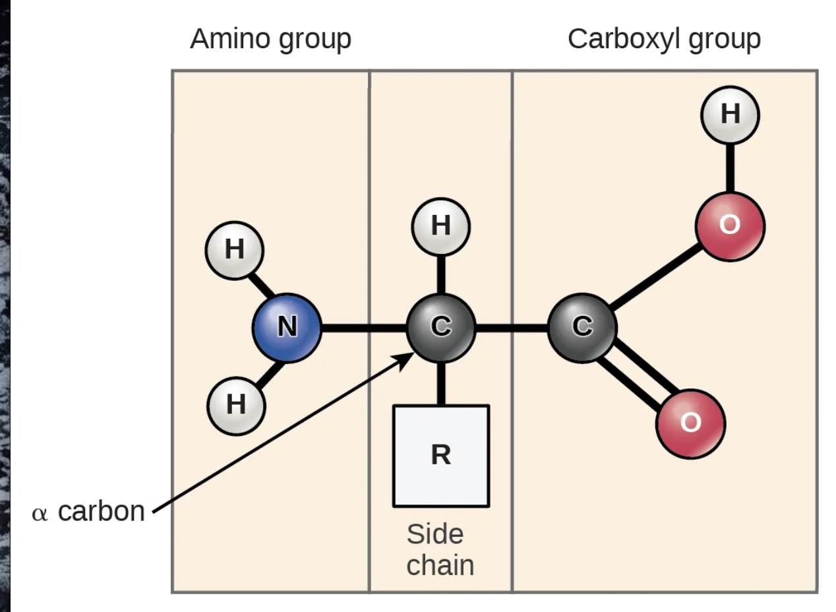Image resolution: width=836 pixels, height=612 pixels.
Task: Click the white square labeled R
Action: tap(440, 456)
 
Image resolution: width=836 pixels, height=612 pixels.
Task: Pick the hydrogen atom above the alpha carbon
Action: tap(440, 226)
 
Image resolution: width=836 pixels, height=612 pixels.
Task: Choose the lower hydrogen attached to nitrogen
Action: tap(236, 404)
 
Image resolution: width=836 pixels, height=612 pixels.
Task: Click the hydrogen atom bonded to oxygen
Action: tap(730, 115)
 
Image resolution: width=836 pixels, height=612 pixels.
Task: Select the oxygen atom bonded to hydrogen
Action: tap(730, 226)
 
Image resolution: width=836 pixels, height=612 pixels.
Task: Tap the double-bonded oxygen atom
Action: tap(690, 422)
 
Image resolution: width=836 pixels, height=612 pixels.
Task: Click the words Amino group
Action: tap(270, 40)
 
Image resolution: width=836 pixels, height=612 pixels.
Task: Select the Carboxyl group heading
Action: tap(664, 40)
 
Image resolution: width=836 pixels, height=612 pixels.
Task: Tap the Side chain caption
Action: tap(440, 550)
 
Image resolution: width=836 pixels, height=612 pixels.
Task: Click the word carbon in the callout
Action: tap(101, 512)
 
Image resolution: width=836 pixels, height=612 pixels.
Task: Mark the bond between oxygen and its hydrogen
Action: tap(730, 168)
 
